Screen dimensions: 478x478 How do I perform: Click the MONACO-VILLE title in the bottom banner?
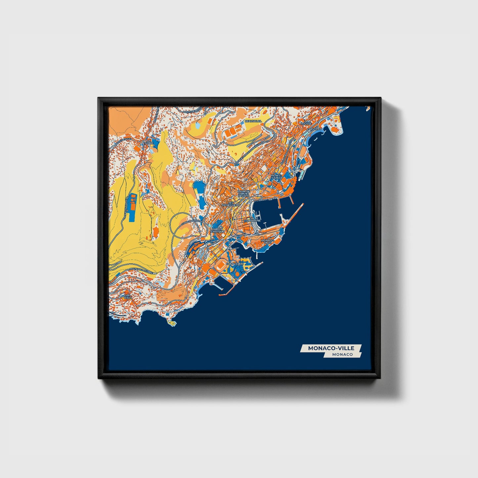point(331,348)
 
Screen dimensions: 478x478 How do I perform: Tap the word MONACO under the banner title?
point(342,354)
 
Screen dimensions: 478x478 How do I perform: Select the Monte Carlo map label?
point(276,177)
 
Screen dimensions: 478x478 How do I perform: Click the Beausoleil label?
point(253,121)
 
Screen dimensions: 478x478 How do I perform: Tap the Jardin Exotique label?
point(218,230)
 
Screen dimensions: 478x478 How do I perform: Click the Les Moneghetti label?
point(231,204)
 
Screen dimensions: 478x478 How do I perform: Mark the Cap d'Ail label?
point(127,297)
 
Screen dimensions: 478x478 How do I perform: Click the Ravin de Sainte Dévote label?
point(243,194)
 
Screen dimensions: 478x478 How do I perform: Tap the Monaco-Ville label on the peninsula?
point(267,241)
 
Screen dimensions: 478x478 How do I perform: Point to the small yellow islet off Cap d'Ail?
point(172,323)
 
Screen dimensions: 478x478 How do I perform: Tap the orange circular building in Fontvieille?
point(237,274)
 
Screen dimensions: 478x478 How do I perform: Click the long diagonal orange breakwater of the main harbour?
point(293,215)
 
